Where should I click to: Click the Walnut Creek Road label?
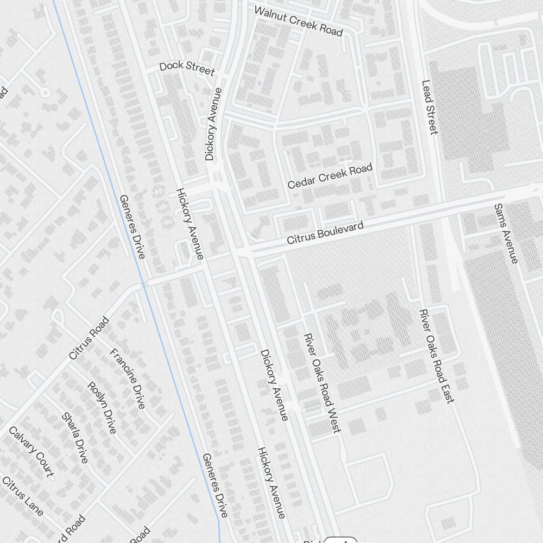tap(299, 21)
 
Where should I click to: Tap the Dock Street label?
tap(187, 67)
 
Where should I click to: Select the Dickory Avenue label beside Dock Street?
tap(214, 124)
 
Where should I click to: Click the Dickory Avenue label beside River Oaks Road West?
tap(274, 385)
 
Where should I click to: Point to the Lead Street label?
tap(429, 107)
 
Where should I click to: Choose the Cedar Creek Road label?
tap(330, 176)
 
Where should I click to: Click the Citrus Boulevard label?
tap(325, 232)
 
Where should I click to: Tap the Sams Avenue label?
tap(506, 233)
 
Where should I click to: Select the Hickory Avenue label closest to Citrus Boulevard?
tap(190, 224)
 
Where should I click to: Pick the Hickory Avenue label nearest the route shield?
tap(271, 483)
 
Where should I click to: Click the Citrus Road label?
tap(89, 338)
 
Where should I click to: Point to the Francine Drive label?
tap(128, 378)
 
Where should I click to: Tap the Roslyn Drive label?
tap(102, 407)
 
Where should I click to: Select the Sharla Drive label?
tap(75, 438)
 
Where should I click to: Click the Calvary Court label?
tap(31, 451)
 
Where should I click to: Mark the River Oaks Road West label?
tap(323, 383)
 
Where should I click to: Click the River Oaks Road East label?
tap(435, 356)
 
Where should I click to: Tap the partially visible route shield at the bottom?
tap(340, 540)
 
